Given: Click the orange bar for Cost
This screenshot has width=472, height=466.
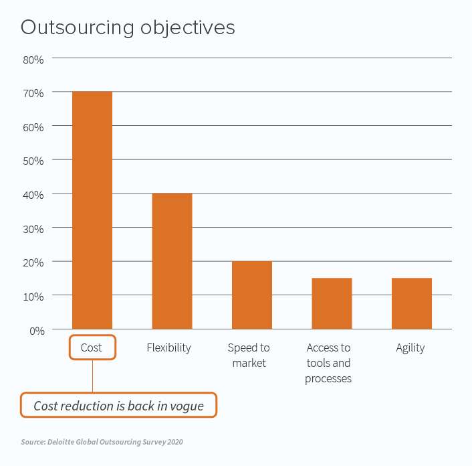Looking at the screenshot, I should point(92,210).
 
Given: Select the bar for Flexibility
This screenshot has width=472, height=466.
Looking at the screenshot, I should point(172,261).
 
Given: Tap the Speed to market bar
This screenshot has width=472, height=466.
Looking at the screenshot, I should point(251,295).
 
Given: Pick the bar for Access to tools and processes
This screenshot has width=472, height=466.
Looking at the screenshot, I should point(332,303).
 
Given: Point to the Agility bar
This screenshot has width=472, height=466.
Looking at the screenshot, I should point(411,303).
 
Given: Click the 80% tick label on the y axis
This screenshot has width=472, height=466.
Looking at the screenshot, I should point(33,59).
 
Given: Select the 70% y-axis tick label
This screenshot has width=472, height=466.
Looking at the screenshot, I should point(33,92).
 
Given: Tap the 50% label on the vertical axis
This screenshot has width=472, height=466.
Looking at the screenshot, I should point(33,161).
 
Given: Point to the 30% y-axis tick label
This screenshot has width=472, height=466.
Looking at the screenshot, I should point(33,228).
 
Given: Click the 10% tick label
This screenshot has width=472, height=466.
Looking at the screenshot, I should point(33,296).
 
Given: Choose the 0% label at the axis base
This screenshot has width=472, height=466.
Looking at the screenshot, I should point(35,330).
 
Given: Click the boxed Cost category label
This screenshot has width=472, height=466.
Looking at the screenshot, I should point(92,348).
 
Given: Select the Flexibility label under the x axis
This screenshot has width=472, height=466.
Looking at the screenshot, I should point(168,348).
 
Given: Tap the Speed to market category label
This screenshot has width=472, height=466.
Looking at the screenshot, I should point(249,356).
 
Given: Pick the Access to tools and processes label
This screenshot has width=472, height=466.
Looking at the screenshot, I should point(328,363).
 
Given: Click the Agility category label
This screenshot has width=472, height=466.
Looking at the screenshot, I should point(410,348).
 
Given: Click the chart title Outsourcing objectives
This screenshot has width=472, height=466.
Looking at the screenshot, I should point(128,28).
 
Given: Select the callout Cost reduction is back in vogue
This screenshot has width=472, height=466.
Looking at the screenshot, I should point(118,406).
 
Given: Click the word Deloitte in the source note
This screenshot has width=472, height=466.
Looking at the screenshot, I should point(62,443).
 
